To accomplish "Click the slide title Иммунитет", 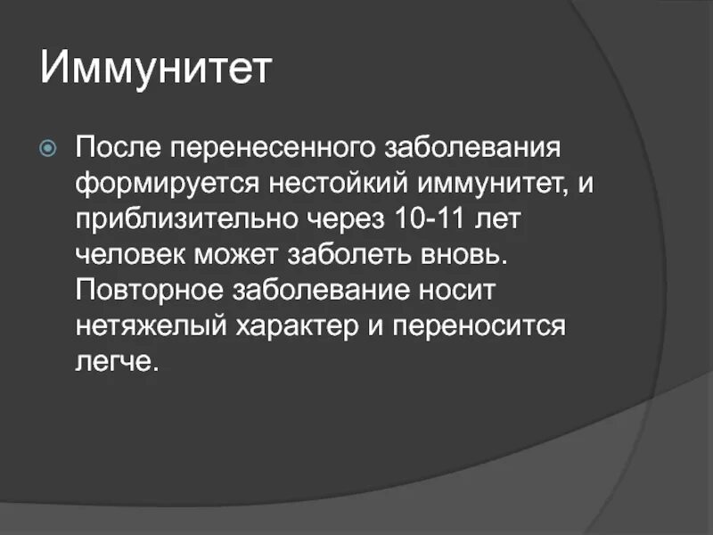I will (155, 70).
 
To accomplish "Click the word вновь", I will (464, 256).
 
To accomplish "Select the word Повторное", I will (148, 292).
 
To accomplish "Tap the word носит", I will (458, 292).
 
